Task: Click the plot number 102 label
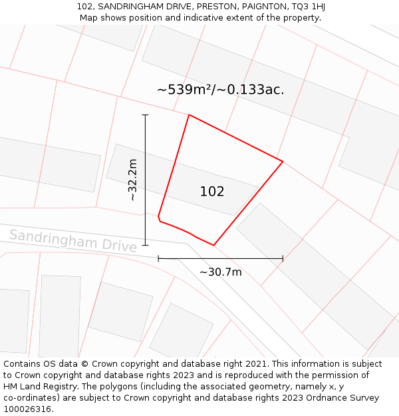pyautogui.click(x=212, y=192)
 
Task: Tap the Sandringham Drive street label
pyautogui.click(x=73, y=240)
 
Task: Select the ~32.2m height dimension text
pyautogui.click(x=132, y=180)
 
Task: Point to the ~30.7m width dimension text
pyautogui.click(x=221, y=272)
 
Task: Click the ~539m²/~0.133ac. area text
pyautogui.click(x=220, y=89)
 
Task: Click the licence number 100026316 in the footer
pyautogui.click(x=27, y=409)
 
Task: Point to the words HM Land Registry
pyautogui.click(x=39, y=387)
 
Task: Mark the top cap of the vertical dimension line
pyautogui.click(x=145, y=115)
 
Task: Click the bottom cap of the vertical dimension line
pyautogui.click(x=145, y=245)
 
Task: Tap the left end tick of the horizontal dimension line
pyautogui.click(x=158, y=258)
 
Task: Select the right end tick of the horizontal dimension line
pyautogui.click(x=283, y=258)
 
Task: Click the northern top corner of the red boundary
pyautogui.click(x=189, y=115)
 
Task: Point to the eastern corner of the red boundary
pyautogui.click(x=283, y=162)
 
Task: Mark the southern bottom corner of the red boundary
pyautogui.click(x=213, y=245)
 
